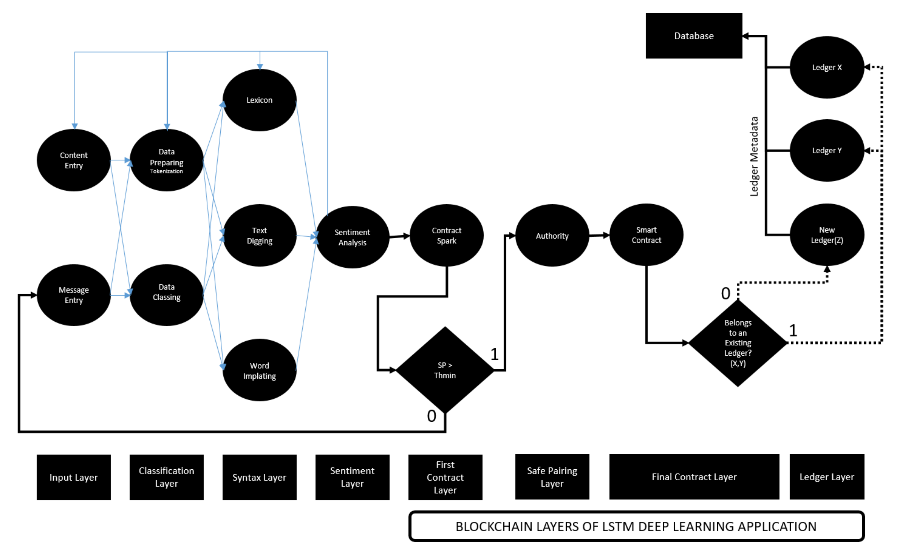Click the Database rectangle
[694, 36]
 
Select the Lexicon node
[259, 100]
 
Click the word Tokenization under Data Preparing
[166, 171]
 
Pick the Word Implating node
[259, 370]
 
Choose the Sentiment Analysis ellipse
[352, 237]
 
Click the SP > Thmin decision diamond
[445, 370]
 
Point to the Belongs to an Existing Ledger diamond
[738, 343]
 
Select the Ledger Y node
[827, 151]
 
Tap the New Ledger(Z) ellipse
[827, 235]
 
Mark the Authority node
[552, 236]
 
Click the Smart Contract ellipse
[646, 235]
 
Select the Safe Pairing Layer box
[552, 477]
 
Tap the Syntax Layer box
[259, 477]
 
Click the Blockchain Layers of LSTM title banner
[636, 526]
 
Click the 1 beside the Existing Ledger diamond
[793, 330]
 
